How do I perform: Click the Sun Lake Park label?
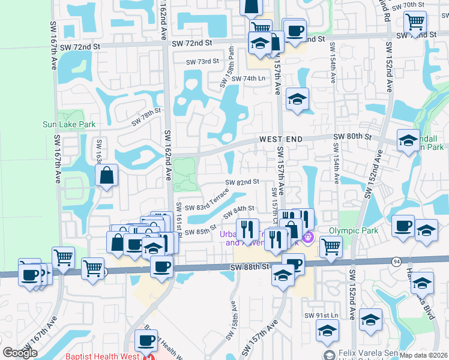coord(69,125)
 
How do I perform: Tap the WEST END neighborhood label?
coord(280,139)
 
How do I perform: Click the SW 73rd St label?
coord(202,61)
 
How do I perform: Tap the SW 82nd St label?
coord(242,182)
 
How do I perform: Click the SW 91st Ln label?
coord(322,316)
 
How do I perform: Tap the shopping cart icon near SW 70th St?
coord(415,22)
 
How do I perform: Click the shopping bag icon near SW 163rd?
coord(106,175)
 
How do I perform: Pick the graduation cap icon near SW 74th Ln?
coord(297,99)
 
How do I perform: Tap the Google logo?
coord(20,353)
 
